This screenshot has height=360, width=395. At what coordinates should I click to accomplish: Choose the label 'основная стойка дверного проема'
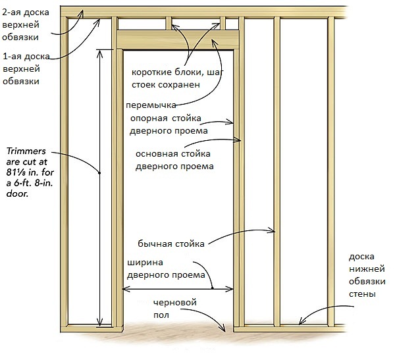pos(175,160)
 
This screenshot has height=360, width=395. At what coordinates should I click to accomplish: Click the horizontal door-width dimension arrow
pos(178,289)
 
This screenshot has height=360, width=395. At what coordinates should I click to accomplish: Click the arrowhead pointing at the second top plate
pos(83,11)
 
